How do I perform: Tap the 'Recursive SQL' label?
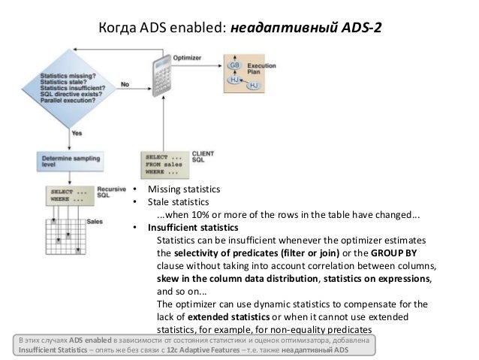[x=110, y=193]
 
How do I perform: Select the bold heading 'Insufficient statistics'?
[x=193, y=227]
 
